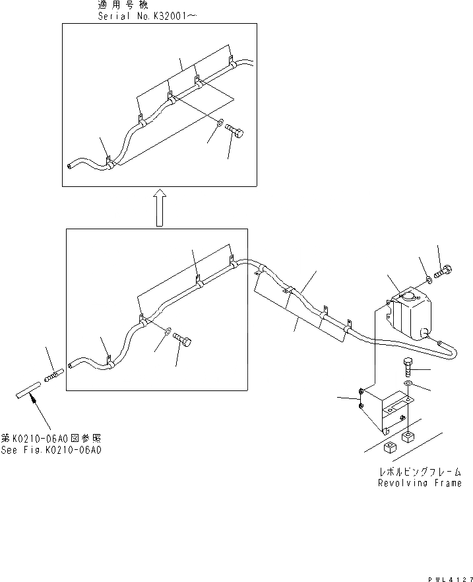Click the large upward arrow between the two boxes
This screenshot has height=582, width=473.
click(x=159, y=206)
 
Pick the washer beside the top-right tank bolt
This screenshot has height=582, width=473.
click(x=429, y=277)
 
